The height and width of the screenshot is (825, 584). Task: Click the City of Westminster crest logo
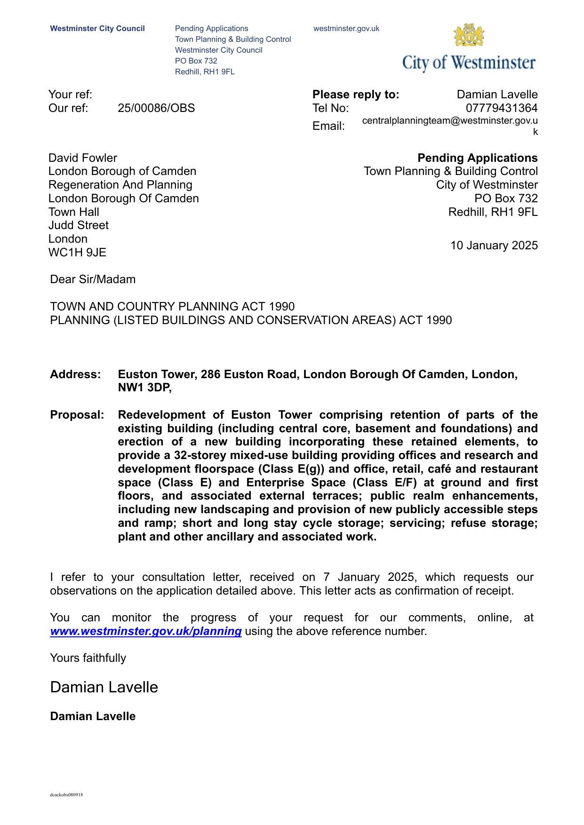(469, 36)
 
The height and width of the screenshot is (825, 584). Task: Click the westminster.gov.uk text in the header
(346, 29)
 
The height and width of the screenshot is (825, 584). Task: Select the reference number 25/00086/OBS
(156, 108)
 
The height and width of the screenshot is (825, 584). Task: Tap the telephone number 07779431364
(501, 108)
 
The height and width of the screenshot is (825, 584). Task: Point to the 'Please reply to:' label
(355, 95)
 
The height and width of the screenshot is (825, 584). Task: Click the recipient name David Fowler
(83, 158)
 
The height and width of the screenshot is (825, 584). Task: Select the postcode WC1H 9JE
(77, 253)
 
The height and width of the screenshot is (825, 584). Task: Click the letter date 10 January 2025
(494, 246)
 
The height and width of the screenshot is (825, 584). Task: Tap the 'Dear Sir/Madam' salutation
(93, 279)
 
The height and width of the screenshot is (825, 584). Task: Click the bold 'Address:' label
(75, 374)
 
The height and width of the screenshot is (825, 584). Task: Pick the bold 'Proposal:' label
(77, 415)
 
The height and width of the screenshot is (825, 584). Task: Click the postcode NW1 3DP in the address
(144, 388)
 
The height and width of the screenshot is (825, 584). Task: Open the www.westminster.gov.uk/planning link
(146, 631)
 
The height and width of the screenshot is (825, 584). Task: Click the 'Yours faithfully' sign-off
(88, 658)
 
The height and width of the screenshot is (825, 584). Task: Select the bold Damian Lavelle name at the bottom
(93, 716)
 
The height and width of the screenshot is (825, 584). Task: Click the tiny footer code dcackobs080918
(66, 795)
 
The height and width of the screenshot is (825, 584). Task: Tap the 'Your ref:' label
(70, 95)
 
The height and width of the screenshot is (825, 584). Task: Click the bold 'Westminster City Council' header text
(97, 29)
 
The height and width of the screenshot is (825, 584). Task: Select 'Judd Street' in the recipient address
(78, 225)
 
